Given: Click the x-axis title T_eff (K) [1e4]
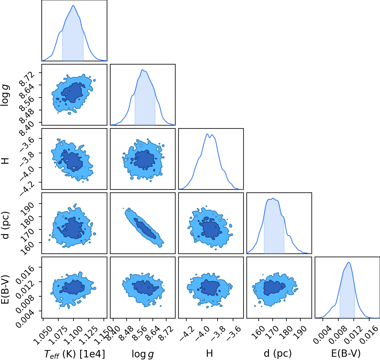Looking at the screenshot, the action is click(75, 354).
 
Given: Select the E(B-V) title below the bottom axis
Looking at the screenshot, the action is click(346, 353).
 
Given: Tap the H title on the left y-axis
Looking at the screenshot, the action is click(6, 161).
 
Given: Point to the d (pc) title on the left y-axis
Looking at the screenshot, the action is click(6, 225).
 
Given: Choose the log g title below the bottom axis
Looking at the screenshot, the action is click(143, 354).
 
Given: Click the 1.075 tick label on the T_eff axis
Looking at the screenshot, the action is click(59, 335).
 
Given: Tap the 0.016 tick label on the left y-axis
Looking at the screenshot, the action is click(25, 274).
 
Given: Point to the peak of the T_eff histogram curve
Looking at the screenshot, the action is click(73, 5).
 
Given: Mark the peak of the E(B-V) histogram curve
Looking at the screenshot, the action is click(349, 262).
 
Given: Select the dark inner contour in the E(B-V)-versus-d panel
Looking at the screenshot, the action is click(274, 288).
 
